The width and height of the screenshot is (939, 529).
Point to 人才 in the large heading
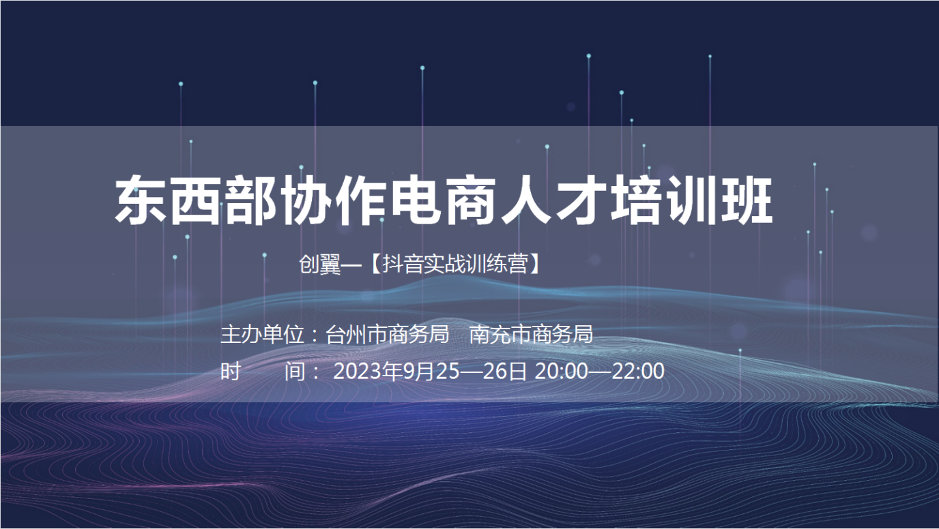(554, 200)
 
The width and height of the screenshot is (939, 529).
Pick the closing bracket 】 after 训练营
(534, 264)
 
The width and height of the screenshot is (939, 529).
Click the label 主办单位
(262, 334)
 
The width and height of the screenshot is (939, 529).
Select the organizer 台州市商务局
(388, 334)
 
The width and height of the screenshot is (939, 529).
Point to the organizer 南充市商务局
(531, 334)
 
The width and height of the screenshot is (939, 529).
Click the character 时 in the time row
(231, 371)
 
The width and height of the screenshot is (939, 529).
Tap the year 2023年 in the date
(368, 371)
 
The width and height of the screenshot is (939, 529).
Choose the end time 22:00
(638, 371)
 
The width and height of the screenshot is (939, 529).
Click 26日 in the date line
(504, 371)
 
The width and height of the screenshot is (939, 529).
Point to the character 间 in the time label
(295, 371)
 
